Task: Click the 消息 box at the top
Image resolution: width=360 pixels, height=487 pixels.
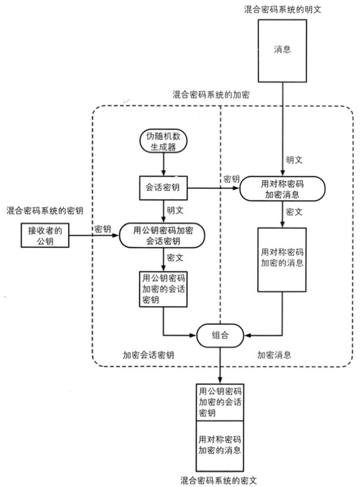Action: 283,50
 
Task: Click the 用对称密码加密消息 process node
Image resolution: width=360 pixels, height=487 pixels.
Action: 283,188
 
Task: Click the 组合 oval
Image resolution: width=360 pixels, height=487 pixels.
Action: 220,336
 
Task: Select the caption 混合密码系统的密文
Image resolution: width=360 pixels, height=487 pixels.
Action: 219,479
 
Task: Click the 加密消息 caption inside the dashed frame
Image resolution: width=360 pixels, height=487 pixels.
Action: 275,355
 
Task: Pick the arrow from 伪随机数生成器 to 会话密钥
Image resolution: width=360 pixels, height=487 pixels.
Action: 162,164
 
